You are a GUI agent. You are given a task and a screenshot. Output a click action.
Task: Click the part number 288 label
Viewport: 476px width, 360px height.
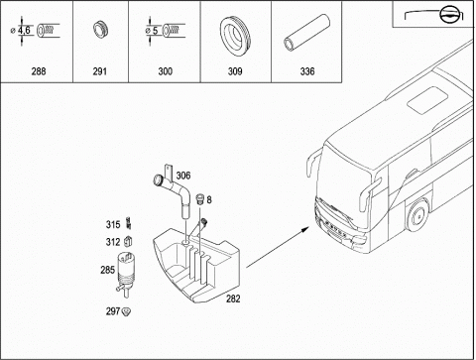(x=39, y=71)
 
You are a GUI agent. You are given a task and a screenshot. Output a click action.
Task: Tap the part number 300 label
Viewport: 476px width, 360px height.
(x=165, y=71)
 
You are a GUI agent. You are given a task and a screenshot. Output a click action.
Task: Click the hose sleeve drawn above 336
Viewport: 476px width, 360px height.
(x=307, y=33)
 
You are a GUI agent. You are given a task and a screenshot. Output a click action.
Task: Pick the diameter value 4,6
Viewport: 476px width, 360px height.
(x=24, y=31)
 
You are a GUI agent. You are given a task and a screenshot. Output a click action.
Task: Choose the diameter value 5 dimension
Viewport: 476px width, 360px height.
(x=155, y=31)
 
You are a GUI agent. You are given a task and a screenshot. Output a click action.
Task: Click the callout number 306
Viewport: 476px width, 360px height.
(x=183, y=176)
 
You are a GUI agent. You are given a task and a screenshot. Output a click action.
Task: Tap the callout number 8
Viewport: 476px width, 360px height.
(x=209, y=199)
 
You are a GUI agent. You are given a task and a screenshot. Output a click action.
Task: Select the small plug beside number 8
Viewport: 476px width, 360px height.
(x=199, y=198)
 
